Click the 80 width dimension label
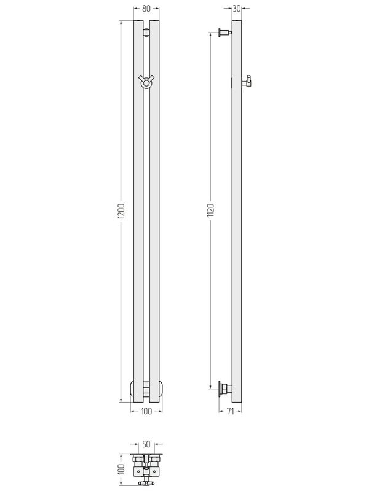coord(146,9)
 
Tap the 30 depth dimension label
coord(237,9)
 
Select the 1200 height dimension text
coord(122,211)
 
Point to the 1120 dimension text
coord(210,210)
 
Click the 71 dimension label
coord(231,411)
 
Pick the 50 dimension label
coord(146,444)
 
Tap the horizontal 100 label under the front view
coord(146,411)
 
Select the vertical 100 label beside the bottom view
coord(122,469)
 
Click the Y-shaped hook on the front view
coord(146,82)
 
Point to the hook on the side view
coord(247,81)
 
